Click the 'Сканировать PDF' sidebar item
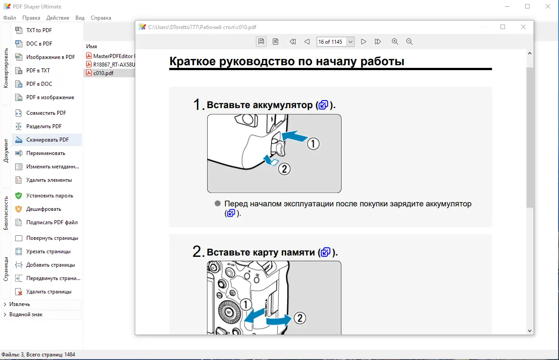pos(47,140)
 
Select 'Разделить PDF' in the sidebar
pos(44,126)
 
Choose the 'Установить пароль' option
pos(49,196)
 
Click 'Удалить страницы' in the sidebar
pos(48,292)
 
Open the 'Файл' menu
pos(9,18)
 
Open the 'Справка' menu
pos(100,18)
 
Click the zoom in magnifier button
pos(395,42)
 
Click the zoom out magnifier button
pos(409,42)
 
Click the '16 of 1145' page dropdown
pos(335,42)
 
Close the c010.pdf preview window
pos(523,27)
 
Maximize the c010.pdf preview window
pos(503,27)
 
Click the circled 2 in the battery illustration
pos(284,169)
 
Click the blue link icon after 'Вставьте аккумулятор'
pos(323,105)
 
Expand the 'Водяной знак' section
pos(26,314)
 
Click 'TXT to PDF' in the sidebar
pos(39,30)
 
